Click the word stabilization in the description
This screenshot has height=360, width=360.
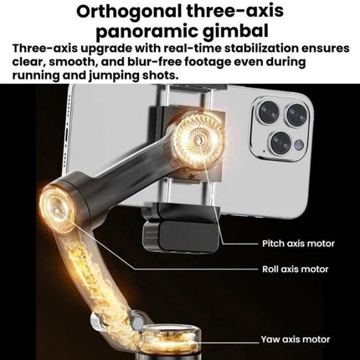coord(262,49)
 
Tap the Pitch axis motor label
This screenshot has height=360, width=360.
coord(298,244)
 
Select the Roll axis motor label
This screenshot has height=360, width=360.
coord(295,270)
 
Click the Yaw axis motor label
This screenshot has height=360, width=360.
coord(296,340)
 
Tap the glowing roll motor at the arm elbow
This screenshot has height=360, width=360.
coord(57,207)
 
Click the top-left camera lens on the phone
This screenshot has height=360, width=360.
coord(269,112)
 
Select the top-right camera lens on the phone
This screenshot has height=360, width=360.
coord(297,115)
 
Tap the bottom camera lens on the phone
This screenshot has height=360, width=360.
coord(281,142)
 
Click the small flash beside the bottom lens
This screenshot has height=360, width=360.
coord(299,145)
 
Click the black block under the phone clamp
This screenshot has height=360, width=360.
coord(180,236)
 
